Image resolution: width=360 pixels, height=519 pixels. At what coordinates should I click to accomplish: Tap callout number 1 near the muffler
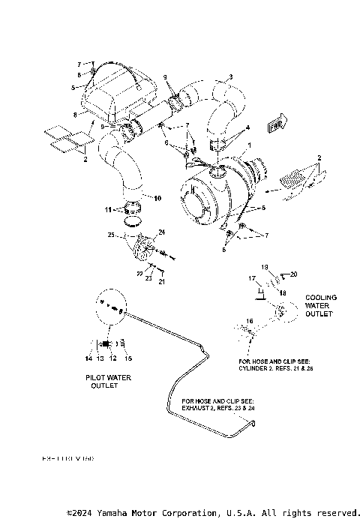250,144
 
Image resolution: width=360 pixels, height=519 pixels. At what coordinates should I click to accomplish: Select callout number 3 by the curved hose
230,76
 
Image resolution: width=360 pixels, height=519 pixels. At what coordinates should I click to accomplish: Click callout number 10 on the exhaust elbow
157,198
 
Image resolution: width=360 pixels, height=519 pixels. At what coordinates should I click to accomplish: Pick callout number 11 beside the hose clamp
107,209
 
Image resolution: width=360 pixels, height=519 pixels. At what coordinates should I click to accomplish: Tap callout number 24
160,233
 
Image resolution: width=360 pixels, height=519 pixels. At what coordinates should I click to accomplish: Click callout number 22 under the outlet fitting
138,274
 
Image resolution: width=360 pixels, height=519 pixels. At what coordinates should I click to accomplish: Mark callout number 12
113,358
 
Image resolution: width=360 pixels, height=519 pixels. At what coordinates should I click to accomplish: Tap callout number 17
252,278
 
